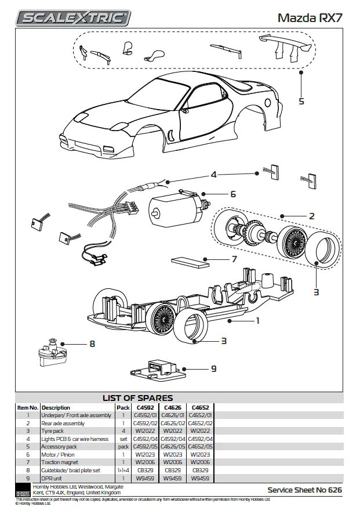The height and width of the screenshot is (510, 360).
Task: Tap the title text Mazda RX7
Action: (x=310, y=18)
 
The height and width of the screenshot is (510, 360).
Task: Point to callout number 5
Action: (x=301, y=101)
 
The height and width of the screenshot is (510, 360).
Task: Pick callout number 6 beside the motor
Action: (x=232, y=194)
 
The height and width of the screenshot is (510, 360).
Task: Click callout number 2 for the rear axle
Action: (x=311, y=216)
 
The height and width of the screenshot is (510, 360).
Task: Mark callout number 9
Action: (x=213, y=368)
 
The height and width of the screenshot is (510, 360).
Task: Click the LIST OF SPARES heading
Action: (x=137, y=398)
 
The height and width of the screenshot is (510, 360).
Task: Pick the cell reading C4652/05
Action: (x=201, y=447)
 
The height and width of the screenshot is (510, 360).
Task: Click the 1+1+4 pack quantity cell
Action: (x=123, y=470)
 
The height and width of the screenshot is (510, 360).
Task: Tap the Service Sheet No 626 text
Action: (x=304, y=490)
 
